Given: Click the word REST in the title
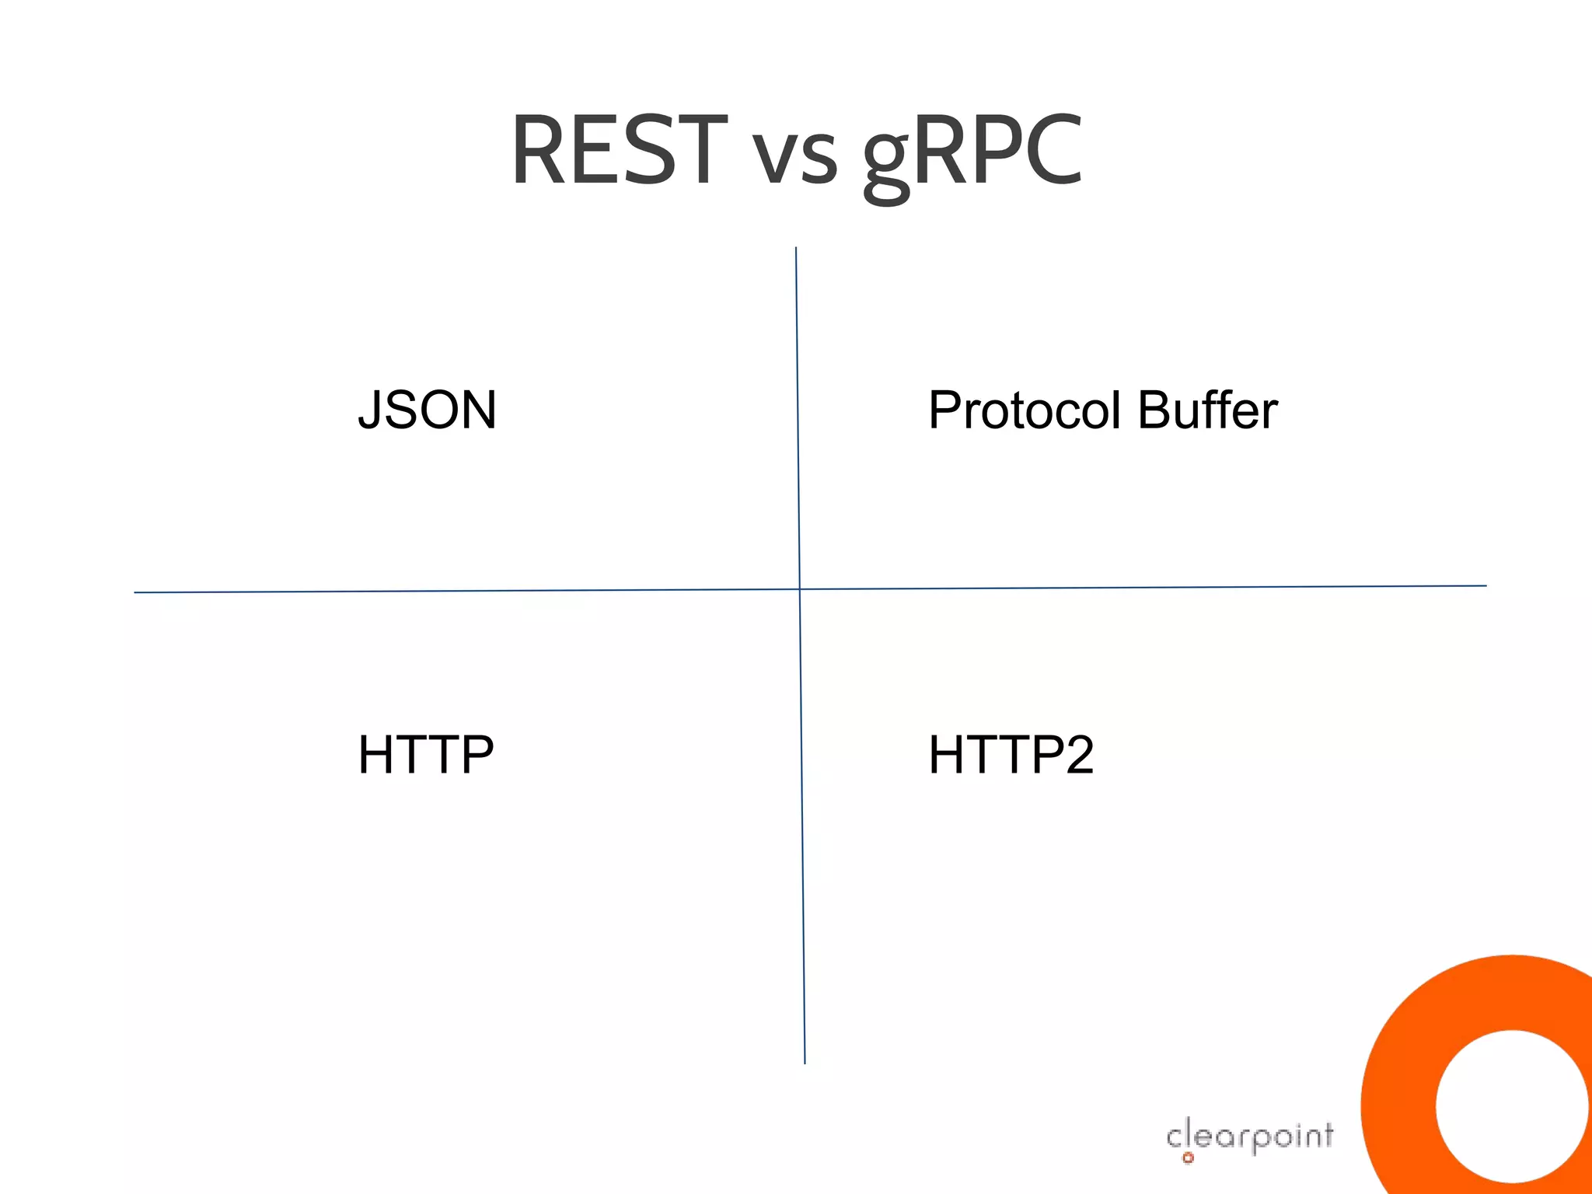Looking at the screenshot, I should coord(619,150).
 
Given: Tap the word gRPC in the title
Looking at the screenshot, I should coord(972,152).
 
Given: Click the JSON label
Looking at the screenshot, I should coord(427,410).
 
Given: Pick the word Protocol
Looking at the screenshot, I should coord(1026,410).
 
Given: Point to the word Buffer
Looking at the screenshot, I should coord(1207,410).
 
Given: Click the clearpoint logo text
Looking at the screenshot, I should coord(1250,1136).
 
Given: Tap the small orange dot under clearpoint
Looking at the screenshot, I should coord(1188,1158).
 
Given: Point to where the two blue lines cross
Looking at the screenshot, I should coord(799,589).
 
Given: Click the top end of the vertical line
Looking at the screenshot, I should coord(795,249).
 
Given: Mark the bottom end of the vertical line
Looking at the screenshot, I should coord(805,1062).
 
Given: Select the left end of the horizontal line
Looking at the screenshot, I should coord(137,592).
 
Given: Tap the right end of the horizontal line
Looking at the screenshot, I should coord(1484,586).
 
